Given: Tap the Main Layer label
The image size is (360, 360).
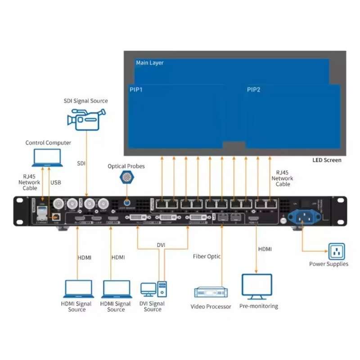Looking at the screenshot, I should point(150,63).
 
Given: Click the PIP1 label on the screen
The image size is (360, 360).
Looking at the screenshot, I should point(136,90).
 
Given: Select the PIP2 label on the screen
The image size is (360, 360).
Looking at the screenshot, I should point(254,90).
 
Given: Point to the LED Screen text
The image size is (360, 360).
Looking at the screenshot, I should point(327,160).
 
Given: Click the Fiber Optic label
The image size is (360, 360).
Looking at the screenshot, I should point(207,256).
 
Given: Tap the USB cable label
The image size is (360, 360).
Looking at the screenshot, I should point(56,182).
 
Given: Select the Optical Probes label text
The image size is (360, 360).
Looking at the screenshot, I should point(126,166).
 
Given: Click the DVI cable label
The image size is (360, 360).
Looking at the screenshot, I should point(161,245).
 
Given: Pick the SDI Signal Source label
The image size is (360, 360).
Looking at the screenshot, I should point(85,101).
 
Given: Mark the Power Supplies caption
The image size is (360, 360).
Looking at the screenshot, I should point(328,264).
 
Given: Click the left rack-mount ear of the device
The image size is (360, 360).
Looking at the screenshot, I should point(20,211).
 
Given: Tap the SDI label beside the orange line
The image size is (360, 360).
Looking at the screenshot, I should point(81,163).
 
